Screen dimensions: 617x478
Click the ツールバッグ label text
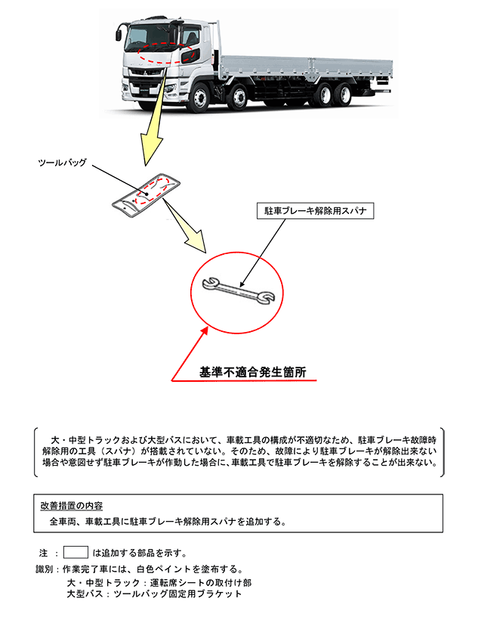(63, 163)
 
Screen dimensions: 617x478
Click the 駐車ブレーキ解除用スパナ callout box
(316, 210)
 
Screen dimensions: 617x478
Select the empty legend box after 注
(76, 552)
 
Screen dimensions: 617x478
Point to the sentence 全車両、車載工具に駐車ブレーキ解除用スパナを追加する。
(168, 522)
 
